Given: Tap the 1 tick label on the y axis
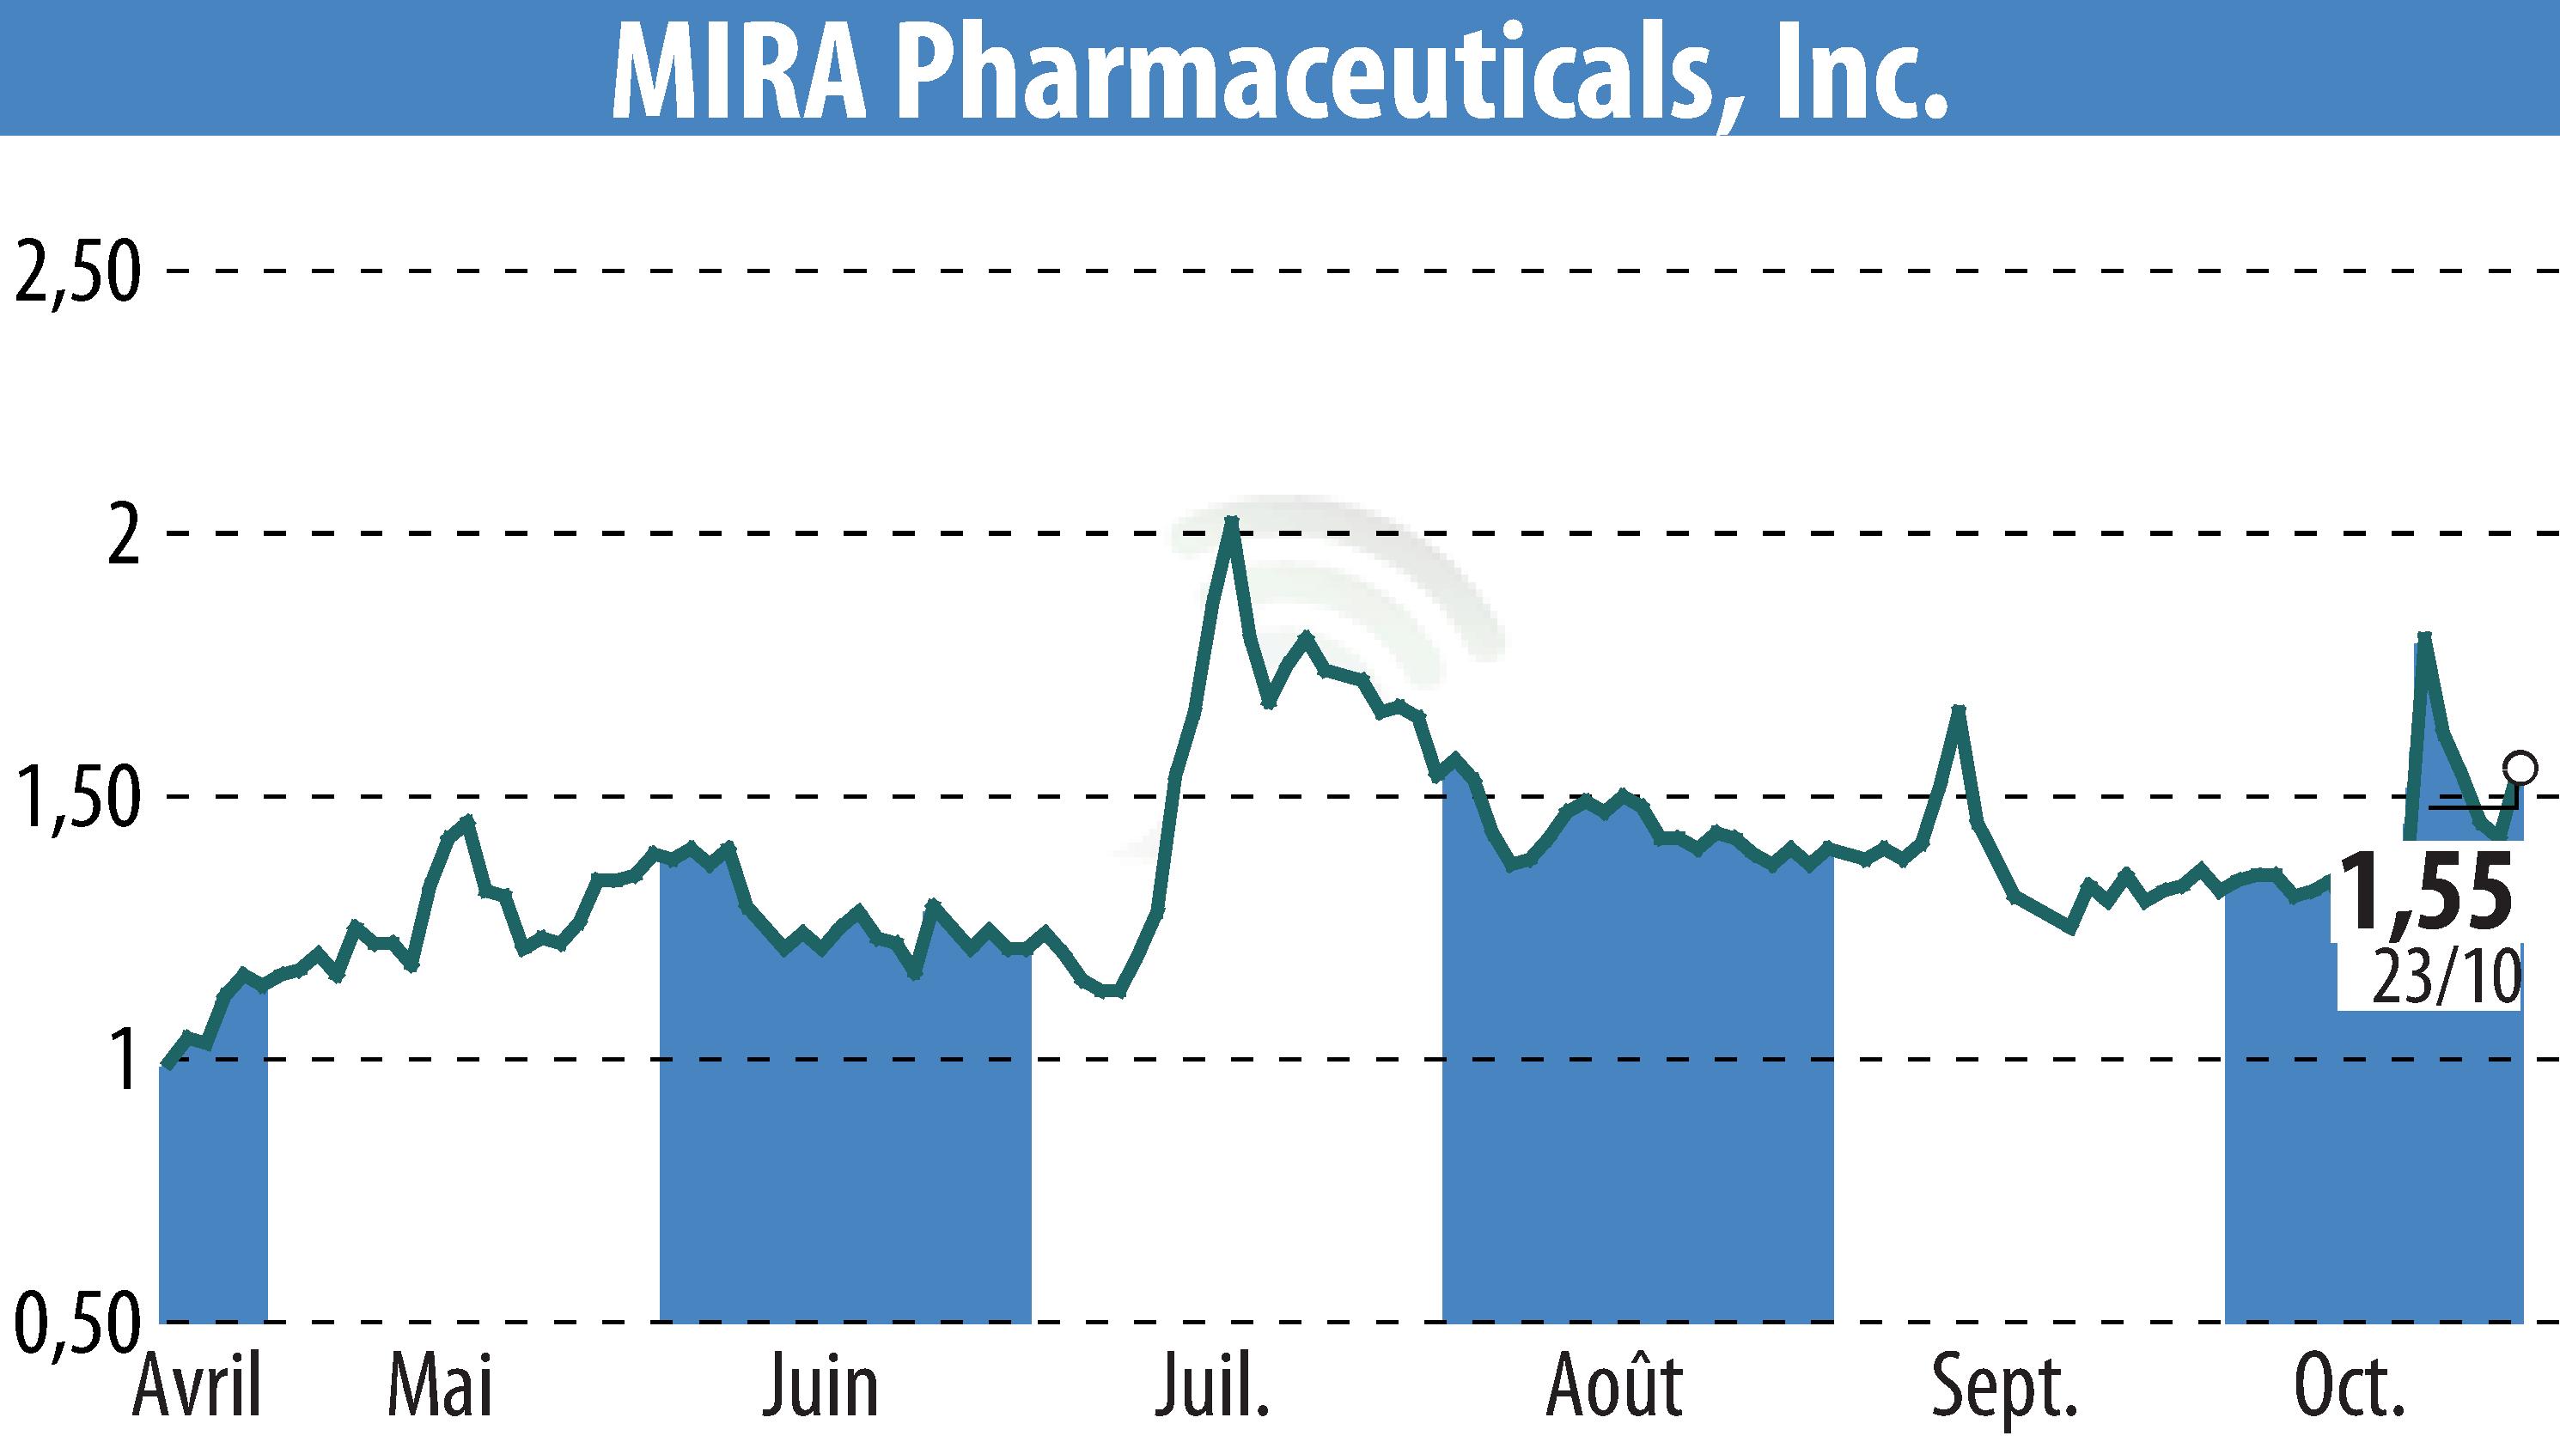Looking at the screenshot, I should [x=125, y=1062].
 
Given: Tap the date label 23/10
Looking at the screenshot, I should [x=2445, y=977].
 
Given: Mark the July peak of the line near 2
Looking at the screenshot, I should [x=1232, y=521].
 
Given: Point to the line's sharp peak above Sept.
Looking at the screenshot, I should [x=1959, y=710].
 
